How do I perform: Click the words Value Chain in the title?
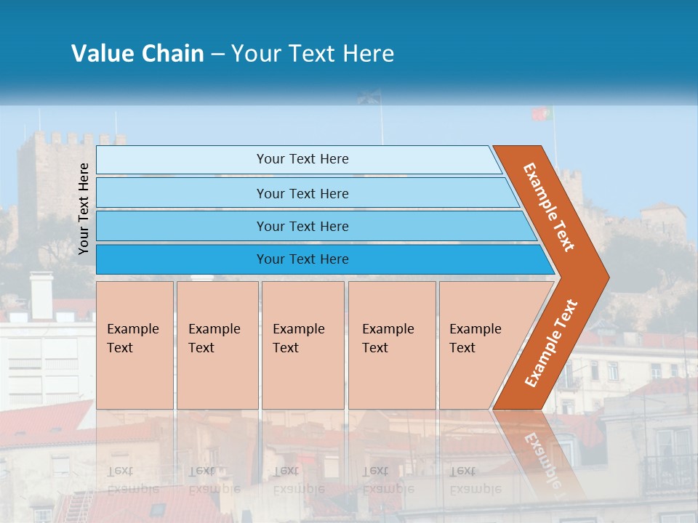tap(137, 54)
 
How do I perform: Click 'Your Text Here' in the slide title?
tap(313, 54)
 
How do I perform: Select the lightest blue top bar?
tap(302, 159)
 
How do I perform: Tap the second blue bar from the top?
tap(302, 193)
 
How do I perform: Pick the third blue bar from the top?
tap(302, 226)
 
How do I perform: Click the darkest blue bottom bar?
tap(302, 259)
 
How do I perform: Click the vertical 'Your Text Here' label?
tap(84, 208)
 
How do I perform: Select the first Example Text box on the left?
tap(135, 345)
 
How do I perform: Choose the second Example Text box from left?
tap(217, 345)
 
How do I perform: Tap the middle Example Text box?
tap(302, 345)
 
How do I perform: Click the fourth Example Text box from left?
tap(391, 345)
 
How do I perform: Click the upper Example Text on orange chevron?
tap(549, 207)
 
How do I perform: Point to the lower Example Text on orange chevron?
tap(550, 344)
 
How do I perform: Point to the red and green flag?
tap(541, 114)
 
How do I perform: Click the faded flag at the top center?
tap(369, 97)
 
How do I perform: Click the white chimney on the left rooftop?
tap(41, 295)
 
